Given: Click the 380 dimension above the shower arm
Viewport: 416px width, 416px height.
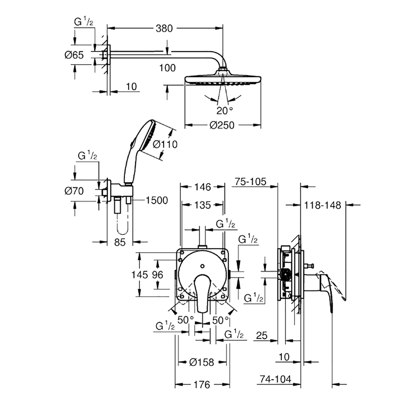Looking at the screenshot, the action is click(164, 28).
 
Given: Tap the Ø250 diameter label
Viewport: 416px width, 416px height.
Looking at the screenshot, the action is click(222, 125).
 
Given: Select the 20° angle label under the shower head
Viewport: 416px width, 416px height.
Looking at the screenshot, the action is click(225, 111).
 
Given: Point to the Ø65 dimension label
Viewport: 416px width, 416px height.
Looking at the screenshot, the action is click(74, 55).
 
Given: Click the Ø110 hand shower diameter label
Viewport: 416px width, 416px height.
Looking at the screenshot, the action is click(165, 144).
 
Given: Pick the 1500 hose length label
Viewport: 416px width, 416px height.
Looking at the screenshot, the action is click(157, 201).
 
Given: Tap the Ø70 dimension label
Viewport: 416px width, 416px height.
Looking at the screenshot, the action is click(74, 191).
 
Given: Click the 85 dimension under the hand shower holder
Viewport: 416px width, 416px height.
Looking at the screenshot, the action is click(120, 242).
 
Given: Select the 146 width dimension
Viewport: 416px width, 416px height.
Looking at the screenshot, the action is click(203, 187).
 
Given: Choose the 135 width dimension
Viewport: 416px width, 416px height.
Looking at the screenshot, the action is click(203, 205).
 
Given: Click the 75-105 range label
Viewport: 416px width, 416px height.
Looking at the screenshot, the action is click(250, 181).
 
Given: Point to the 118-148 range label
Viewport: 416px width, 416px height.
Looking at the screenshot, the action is click(322, 206).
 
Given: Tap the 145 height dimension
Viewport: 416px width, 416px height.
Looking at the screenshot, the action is click(140, 275).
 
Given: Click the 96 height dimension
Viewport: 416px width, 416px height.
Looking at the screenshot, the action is click(158, 275).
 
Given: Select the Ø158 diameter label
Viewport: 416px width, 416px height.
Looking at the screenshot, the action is click(202, 362).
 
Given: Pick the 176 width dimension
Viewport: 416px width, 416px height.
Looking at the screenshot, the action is click(202, 385).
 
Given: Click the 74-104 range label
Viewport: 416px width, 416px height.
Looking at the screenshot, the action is click(275, 379).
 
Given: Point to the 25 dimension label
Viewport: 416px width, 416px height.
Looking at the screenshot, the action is click(262, 336).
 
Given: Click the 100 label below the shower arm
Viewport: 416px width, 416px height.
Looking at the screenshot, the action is click(167, 68).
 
